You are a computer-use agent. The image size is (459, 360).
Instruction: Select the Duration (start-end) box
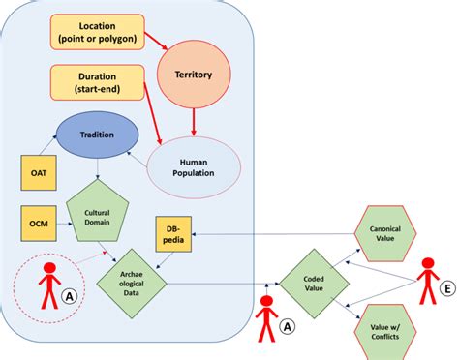(97, 80)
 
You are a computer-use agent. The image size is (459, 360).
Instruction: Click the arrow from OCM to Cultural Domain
(64, 224)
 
